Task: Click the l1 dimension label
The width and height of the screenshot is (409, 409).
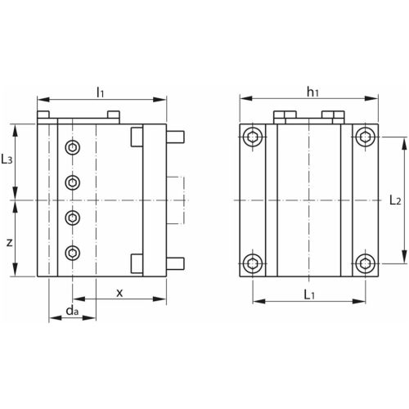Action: (101, 92)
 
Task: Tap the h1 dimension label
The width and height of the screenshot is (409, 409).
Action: (312, 92)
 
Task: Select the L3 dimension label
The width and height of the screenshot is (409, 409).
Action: (7, 159)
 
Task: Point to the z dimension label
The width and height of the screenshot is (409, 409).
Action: (10, 242)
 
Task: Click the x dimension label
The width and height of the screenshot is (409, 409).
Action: (119, 293)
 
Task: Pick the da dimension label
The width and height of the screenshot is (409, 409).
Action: (72, 310)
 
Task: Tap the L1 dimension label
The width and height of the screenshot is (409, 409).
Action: (309, 294)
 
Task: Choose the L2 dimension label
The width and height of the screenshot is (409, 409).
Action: (395, 200)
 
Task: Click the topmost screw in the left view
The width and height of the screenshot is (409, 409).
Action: (73, 148)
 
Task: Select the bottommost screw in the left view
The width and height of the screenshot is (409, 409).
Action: (73, 253)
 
